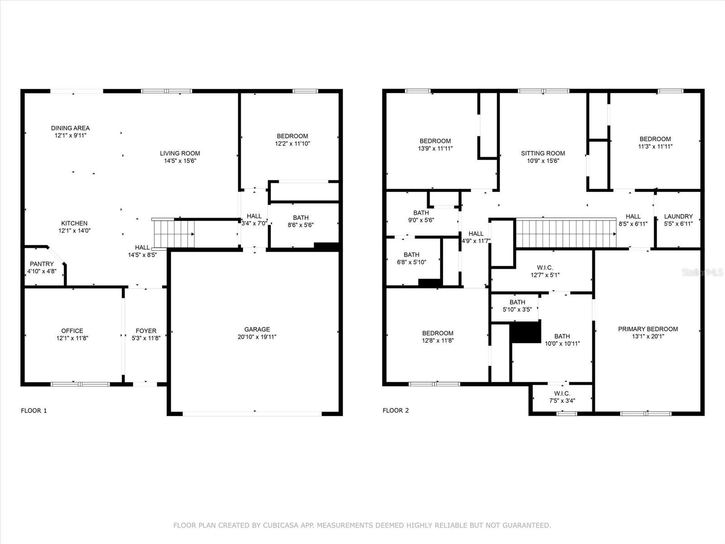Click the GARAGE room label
pyautogui.click(x=257, y=329)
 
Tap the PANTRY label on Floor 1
pyautogui.click(x=42, y=264)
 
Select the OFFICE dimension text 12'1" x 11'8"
pyautogui.click(x=72, y=338)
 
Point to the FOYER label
pyautogui.click(x=146, y=331)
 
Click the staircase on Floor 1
pyautogui.click(x=173, y=233)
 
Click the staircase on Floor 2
pyautogui.click(x=566, y=233)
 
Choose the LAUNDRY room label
pyautogui.click(x=678, y=216)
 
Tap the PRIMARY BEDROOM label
pyautogui.click(x=648, y=329)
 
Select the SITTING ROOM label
pyautogui.click(x=543, y=153)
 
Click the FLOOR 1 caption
pyautogui.click(x=34, y=411)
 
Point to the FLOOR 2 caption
pyautogui.click(x=396, y=411)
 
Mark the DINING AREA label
pyautogui.click(x=70, y=128)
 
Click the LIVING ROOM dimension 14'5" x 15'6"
pyautogui.click(x=180, y=161)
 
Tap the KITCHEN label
pyautogui.click(x=74, y=223)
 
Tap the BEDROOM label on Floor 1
pyautogui.click(x=292, y=136)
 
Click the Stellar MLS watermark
pyautogui.click(x=702, y=272)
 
